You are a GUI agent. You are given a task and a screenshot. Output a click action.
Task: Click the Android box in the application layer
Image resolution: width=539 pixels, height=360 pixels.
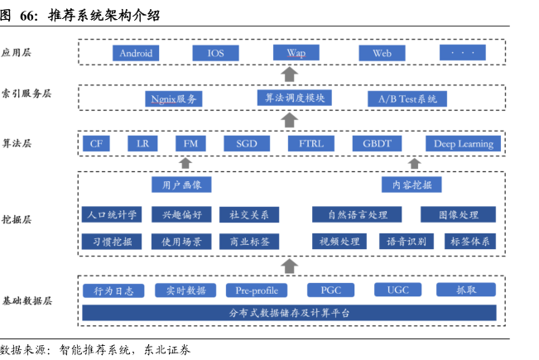[136, 53]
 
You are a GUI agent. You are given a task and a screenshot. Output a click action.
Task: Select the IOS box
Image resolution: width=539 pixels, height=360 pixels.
[215, 53]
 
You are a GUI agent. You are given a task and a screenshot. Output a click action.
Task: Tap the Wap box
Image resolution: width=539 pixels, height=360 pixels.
[296, 53]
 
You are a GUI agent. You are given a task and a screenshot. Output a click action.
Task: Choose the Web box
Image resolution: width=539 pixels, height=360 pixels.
[382, 53]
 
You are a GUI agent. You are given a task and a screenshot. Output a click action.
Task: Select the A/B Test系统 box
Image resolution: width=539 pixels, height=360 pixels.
[407, 98]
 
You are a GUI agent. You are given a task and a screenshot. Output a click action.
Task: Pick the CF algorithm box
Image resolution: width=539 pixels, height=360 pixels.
[96, 143]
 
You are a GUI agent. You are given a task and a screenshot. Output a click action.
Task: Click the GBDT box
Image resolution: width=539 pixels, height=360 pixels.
[377, 143]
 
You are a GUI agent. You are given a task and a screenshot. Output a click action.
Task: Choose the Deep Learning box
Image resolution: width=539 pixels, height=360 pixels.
[464, 143]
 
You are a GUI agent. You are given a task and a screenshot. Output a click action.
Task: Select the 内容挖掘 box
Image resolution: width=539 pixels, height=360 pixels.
[411, 184]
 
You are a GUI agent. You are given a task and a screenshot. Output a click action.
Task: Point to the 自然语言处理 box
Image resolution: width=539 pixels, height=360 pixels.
[358, 214]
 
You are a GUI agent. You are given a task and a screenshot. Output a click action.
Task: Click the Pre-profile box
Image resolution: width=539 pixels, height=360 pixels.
[256, 290]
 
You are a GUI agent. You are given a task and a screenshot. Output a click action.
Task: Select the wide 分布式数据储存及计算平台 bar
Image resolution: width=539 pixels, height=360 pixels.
[289, 313]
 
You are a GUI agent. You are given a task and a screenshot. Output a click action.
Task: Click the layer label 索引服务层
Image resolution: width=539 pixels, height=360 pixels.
[26, 93]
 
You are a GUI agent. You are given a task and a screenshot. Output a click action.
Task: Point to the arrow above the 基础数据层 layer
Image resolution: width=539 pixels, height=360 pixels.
[289, 265]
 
